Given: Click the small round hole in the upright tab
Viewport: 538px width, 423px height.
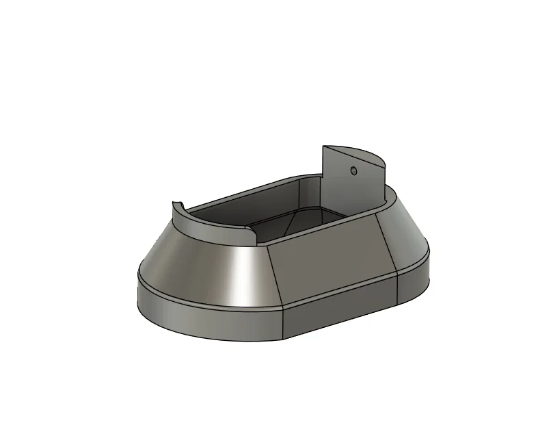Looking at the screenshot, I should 353,170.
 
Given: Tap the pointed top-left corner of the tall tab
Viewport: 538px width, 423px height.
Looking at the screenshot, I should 324,146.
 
